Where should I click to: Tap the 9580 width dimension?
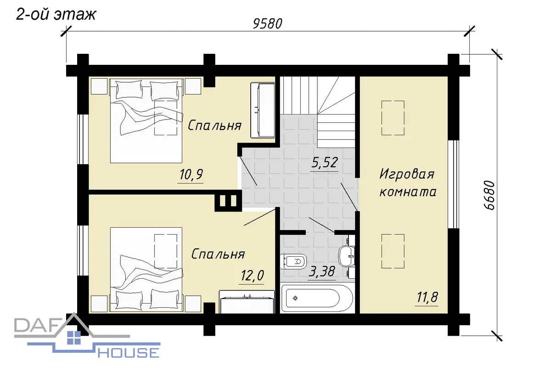pos(268,24)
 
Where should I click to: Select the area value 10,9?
pos(191,174)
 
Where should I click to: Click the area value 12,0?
pos(252,276)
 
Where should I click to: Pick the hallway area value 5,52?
pos(325,162)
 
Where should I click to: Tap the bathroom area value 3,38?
pos(321,271)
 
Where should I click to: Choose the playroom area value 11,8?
pos(427,297)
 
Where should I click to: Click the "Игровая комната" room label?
pos(408,183)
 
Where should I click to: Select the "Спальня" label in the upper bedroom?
pos(214,126)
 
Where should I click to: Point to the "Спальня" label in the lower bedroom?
pos(218,254)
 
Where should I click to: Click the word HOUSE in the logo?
pos(129,353)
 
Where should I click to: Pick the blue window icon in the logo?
pos(74,338)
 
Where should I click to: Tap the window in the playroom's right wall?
pos(453,184)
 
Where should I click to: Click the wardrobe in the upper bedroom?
pos(263,110)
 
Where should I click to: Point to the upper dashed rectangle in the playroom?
pos(393,118)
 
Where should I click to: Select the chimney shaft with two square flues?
pos(228,201)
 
